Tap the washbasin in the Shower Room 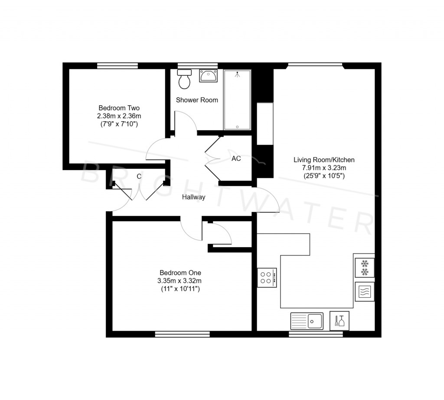pos(208,76)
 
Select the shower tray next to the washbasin pos(237,100)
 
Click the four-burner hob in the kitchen pos(267,277)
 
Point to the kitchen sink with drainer pos(307,321)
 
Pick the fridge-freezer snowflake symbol pos(364,268)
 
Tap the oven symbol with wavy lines pos(364,292)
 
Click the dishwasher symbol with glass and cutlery pos(339,321)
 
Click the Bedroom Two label pos(119,108)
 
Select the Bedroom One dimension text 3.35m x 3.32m pos(180,281)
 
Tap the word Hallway pos(193,197)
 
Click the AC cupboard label pos(236,159)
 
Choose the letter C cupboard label pos(139,176)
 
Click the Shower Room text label pos(197,100)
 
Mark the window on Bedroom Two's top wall pos(117,66)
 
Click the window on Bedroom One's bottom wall pos(182,334)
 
